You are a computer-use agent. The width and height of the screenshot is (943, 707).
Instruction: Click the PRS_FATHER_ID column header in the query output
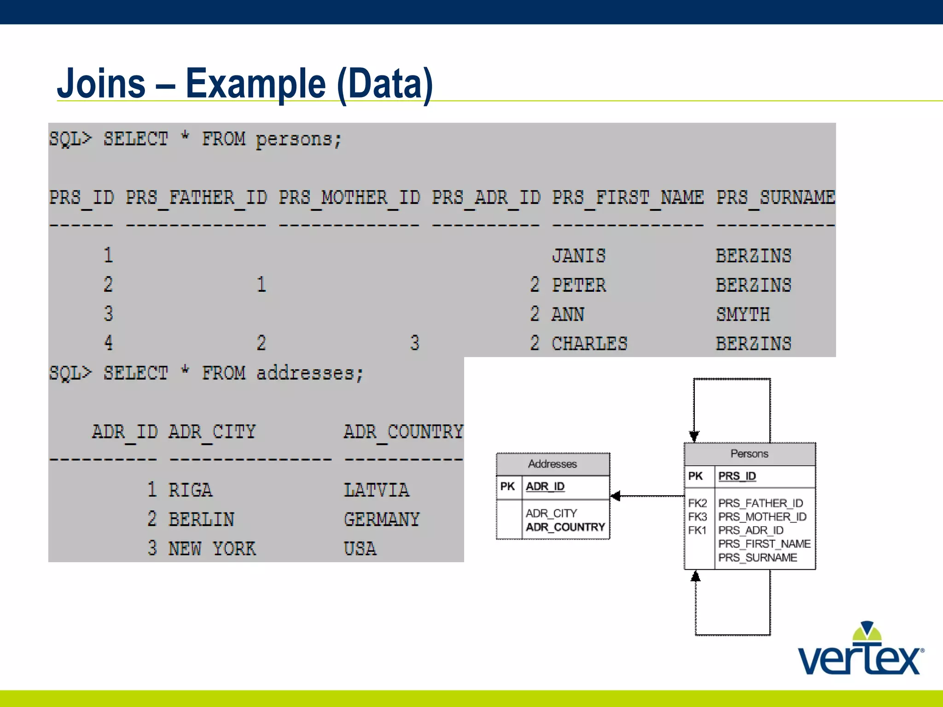click(196, 197)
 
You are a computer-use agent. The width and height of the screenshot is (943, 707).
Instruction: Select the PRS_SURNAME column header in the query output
click(775, 197)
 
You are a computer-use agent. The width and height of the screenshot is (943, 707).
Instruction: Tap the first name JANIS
click(579, 255)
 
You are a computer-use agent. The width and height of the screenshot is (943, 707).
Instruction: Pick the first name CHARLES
click(589, 343)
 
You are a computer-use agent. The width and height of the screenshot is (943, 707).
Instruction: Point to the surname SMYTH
click(743, 314)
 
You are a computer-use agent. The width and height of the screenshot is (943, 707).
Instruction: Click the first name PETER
click(579, 285)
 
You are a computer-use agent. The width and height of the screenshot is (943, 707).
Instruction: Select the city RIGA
click(190, 490)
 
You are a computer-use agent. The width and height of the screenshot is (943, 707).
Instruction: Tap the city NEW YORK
click(212, 548)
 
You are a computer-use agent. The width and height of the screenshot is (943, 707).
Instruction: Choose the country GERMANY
click(382, 519)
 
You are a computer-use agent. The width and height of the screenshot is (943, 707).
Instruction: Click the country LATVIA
click(376, 490)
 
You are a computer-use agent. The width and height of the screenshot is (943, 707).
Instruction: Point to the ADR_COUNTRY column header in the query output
click(403, 432)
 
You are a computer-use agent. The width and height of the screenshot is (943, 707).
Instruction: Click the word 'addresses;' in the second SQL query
click(310, 373)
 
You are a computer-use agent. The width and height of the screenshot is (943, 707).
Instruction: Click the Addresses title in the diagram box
click(553, 464)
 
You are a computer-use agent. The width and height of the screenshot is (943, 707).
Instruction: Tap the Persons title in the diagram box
click(750, 454)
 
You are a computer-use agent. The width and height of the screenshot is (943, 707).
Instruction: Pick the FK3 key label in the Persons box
click(698, 517)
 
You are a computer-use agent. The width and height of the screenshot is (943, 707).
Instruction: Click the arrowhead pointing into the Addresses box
click(616, 496)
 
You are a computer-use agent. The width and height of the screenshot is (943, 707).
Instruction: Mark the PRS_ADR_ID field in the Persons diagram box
click(751, 530)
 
